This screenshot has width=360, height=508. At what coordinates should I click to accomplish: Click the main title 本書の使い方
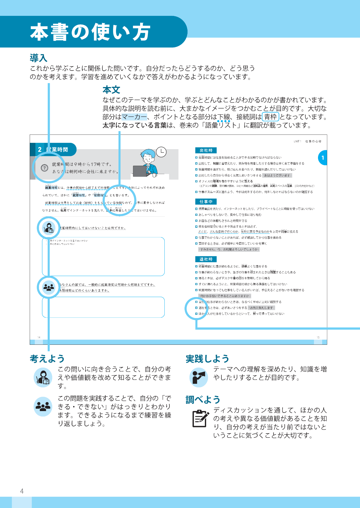(x=90, y=32)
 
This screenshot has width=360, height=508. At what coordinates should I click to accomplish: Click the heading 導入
(x=38, y=58)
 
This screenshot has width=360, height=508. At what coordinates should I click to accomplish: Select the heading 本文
(x=111, y=90)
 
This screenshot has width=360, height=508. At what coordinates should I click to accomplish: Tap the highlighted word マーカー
(x=134, y=117)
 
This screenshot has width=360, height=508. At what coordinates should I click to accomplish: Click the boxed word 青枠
(x=271, y=117)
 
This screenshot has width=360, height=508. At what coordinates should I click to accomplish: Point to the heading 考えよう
(x=47, y=359)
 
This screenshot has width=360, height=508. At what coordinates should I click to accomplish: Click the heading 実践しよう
(x=207, y=359)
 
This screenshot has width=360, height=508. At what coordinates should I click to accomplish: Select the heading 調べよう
(x=203, y=400)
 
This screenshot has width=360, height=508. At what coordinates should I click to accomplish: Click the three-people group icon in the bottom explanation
(x=43, y=407)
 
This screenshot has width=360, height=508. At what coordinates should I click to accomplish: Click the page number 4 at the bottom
(x=22, y=491)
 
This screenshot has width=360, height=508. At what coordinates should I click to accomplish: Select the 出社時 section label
(x=206, y=150)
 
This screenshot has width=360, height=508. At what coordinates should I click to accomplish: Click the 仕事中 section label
(x=206, y=202)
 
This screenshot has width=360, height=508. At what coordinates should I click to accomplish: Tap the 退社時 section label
(x=206, y=259)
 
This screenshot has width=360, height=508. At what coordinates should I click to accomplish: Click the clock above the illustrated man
(x=161, y=152)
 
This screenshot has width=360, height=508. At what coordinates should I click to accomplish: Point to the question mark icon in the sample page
(x=44, y=168)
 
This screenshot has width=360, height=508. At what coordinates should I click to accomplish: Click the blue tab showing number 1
(x=323, y=158)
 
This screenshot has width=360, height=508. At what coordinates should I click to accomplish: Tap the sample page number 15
(x=318, y=338)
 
